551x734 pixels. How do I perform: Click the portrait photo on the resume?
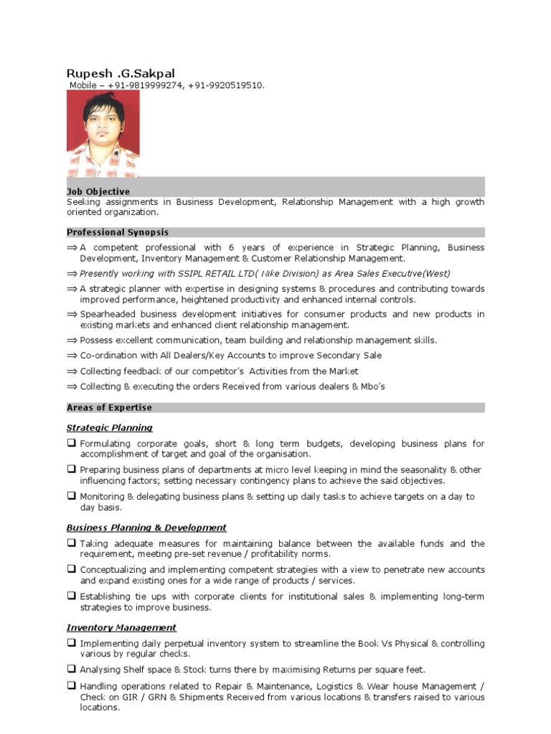pyautogui.click(x=103, y=133)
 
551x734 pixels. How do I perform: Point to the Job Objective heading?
pyautogui.click(x=98, y=192)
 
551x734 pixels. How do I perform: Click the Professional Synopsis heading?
pyautogui.click(x=118, y=232)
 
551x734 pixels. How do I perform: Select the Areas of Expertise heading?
pyautogui.click(x=109, y=407)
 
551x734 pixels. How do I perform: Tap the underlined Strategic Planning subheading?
pyautogui.click(x=109, y=428)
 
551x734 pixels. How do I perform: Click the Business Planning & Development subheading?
pyautogui.click(x=146, y=528)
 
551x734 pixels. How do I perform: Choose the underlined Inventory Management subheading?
pyautogui.click(x=121, y=628)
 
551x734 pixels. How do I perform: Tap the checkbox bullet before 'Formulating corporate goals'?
pyautogui.click(x=72, y=443)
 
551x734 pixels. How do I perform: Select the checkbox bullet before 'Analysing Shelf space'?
pyautogui.click(x=72, y=669)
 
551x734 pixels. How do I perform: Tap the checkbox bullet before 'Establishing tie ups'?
pyautogui.click(x=72, y=596)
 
